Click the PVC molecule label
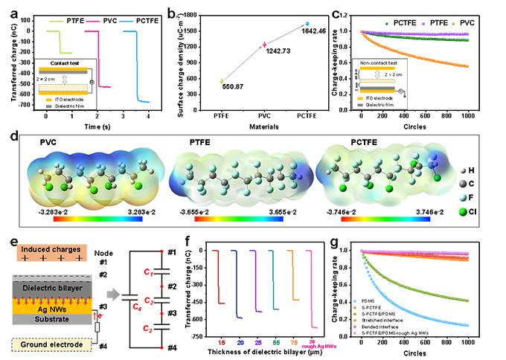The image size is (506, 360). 51,141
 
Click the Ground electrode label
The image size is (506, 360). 51,345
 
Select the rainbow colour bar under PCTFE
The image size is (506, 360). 385,220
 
